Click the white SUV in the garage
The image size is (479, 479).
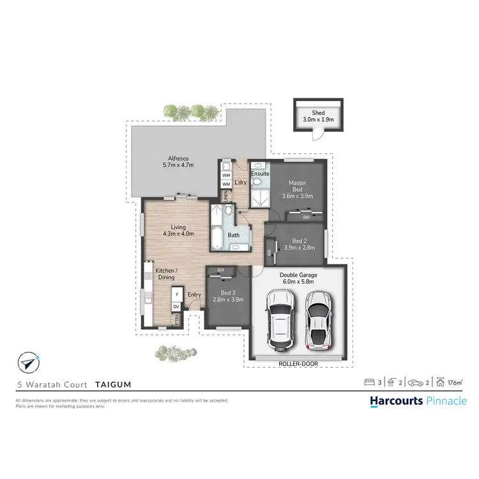(x=278, y=320)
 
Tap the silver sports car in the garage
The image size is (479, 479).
(x=319, y=320)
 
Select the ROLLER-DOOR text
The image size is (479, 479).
(x=299, y=363)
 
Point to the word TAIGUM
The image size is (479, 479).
(x=114, y=385)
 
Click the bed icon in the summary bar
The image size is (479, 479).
(x=369, y=383)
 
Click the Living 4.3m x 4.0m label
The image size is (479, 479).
(x=178, y=230)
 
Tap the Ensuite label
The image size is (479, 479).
(x=259, y=173)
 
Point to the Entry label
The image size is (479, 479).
(x=194, y=294)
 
